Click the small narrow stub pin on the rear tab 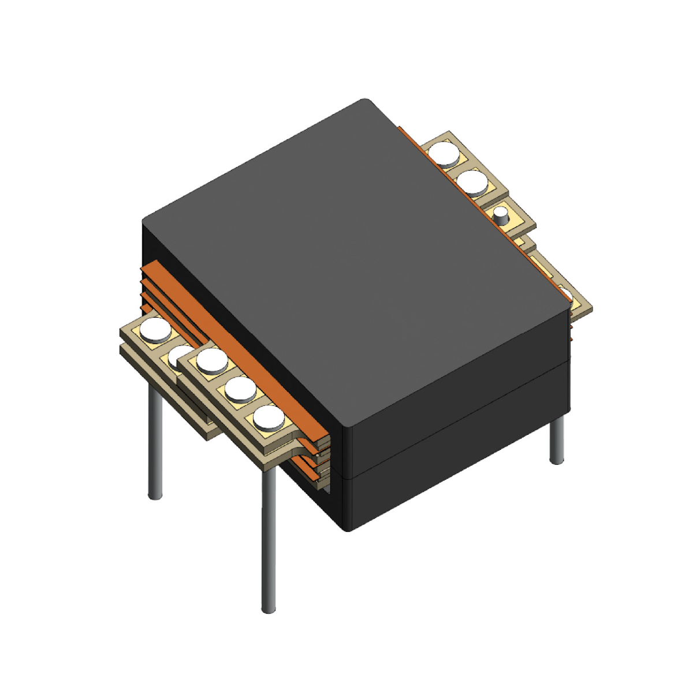pyautogui.click(x=501, y=217)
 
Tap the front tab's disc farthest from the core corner pyautogui.click(x=211, y=360)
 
